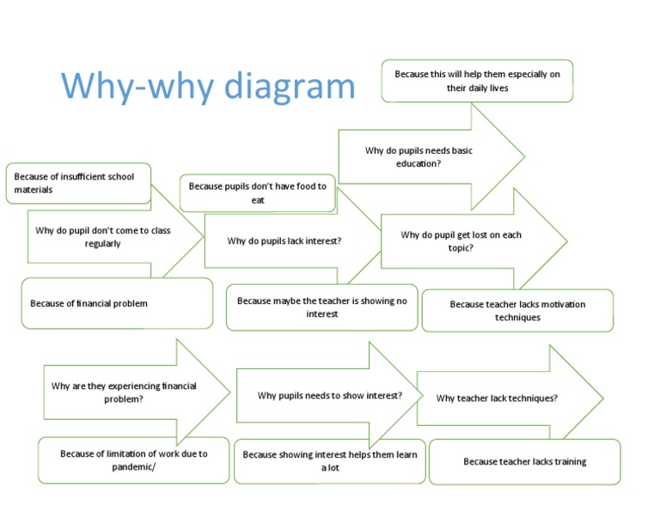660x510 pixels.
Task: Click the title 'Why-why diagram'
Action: pyautogui.click(x=207, y=86)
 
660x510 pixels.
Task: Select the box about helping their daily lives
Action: pyautogui.click(x=477, y=81)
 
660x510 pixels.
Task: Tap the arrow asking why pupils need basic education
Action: pyautogui.click(x=419, y=156)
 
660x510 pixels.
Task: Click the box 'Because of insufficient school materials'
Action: pyautogui.click(x=77, y=183)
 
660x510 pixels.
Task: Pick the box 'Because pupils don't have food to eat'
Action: pyautogui.click(x=257, y=192)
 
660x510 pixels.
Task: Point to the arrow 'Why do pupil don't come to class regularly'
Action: pyautogui.click(x=102, y=237)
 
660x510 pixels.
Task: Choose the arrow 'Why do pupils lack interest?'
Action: pyautogui.click(x=284, y=241)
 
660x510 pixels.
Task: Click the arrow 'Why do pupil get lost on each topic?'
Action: pyautogui.click(x=461, y=241)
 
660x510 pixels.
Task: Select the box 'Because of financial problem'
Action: pyautogui.click(x=117, y=303)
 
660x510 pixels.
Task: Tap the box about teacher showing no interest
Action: pyautogui.click(x=321, y=307)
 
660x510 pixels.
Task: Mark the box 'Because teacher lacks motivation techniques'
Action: pyautogui.click(x=517, y=311)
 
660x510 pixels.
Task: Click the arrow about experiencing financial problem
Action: pyautogui.click(x=124, y=392)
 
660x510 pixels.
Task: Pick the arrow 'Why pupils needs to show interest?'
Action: pyautogui.click(x=329, y=396)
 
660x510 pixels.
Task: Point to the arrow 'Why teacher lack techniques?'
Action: pyautogui.click(x=497, y=398)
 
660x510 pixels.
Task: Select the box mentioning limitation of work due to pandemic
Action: pyautogui.click(x=133, y=460)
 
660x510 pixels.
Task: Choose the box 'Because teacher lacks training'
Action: pyautogui.click(x=524, y=462)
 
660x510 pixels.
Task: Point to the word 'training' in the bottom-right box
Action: pyautogui.click(x=568, y=462)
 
